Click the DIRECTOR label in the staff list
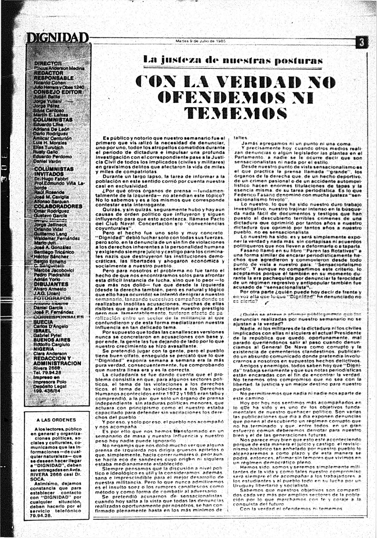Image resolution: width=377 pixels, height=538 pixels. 48,63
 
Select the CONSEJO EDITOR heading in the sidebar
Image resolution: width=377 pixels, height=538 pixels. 58,92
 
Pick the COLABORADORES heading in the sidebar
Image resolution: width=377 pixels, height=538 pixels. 58,206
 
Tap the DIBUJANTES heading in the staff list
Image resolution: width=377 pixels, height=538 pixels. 51,284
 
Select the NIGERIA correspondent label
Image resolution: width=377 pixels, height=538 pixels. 44,349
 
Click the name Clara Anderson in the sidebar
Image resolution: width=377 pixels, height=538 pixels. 50,354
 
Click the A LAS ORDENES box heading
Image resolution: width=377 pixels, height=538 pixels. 56,420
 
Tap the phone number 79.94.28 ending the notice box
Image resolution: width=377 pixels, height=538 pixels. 41,516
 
